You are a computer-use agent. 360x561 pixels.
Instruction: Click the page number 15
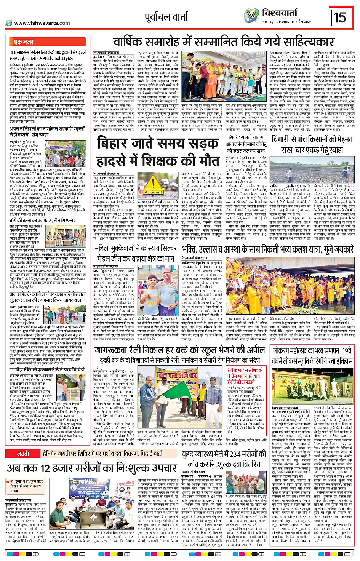pos(340,17)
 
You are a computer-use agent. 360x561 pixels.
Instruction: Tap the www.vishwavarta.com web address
pos(42,23)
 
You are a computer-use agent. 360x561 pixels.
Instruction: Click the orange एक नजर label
pos(24,42)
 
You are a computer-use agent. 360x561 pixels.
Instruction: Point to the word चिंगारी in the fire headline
pos(285,139)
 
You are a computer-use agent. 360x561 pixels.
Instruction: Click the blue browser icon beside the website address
pos(8,23)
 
